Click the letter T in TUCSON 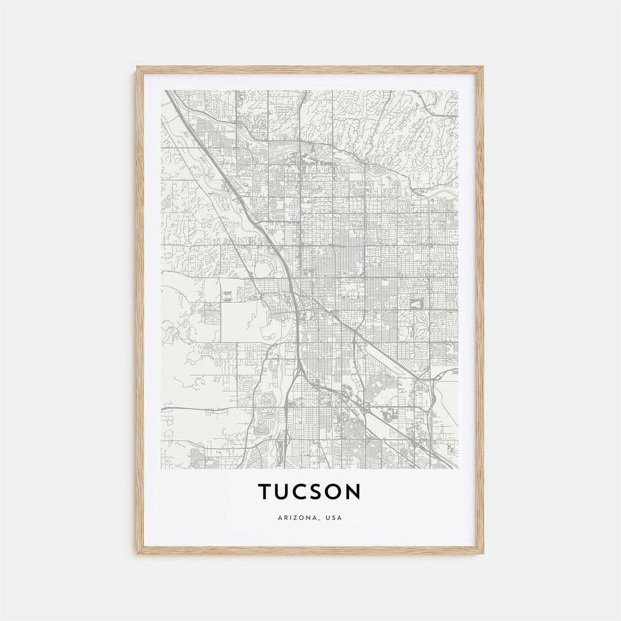(265, 492)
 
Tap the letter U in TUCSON (285, 492)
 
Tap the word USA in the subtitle (333, 517)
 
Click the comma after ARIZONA (319, 519)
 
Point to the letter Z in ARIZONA (297, 517)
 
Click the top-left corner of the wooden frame (138, 68)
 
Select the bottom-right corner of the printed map (458, 468)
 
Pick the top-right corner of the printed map (458, 90)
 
